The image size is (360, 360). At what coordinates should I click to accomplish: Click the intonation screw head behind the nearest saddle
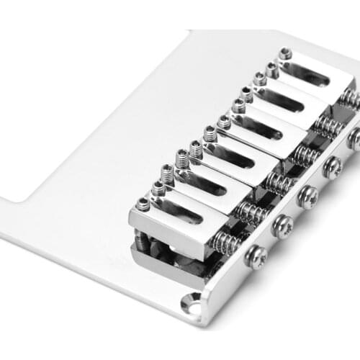[x=256, y=255]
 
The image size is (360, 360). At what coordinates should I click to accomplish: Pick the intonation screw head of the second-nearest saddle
[x=283, y=225]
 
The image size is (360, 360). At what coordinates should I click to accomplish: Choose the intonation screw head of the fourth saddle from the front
[x=332, y=167]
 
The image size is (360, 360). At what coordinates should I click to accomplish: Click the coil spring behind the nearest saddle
[x=228, y=240]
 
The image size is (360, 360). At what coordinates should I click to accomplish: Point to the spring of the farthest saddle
[x=348, y=96]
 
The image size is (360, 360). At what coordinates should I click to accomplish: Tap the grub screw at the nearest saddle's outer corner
[x=143, y=204]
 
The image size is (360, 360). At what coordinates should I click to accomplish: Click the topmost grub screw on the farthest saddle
[x=286, y=53]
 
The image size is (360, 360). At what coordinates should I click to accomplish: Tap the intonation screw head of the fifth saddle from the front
[x=354, y=138]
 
